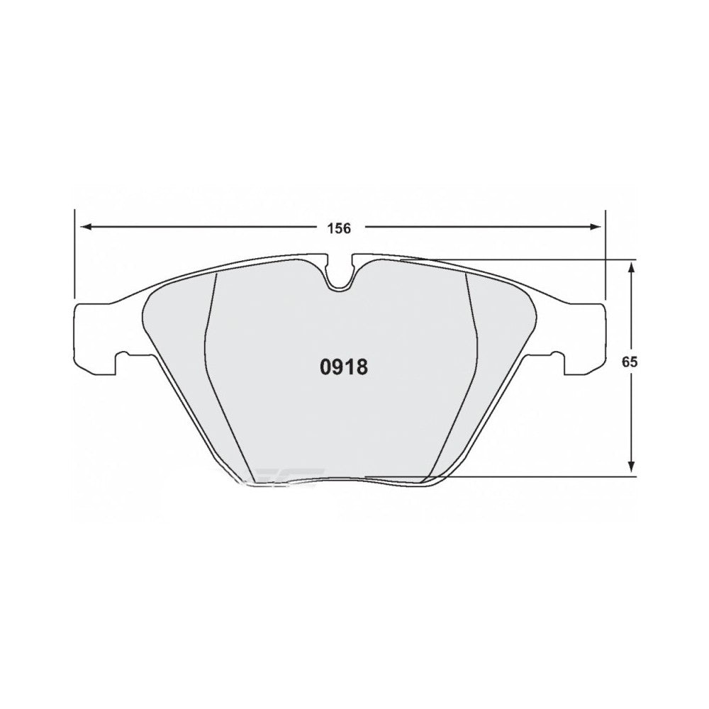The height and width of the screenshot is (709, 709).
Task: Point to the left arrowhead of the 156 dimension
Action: (84, 228)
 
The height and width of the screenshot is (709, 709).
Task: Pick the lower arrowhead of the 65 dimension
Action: (630, 467)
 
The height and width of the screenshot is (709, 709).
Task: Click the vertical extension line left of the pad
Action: (74, 255)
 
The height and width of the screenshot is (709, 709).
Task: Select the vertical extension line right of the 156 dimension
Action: (605, 255)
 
